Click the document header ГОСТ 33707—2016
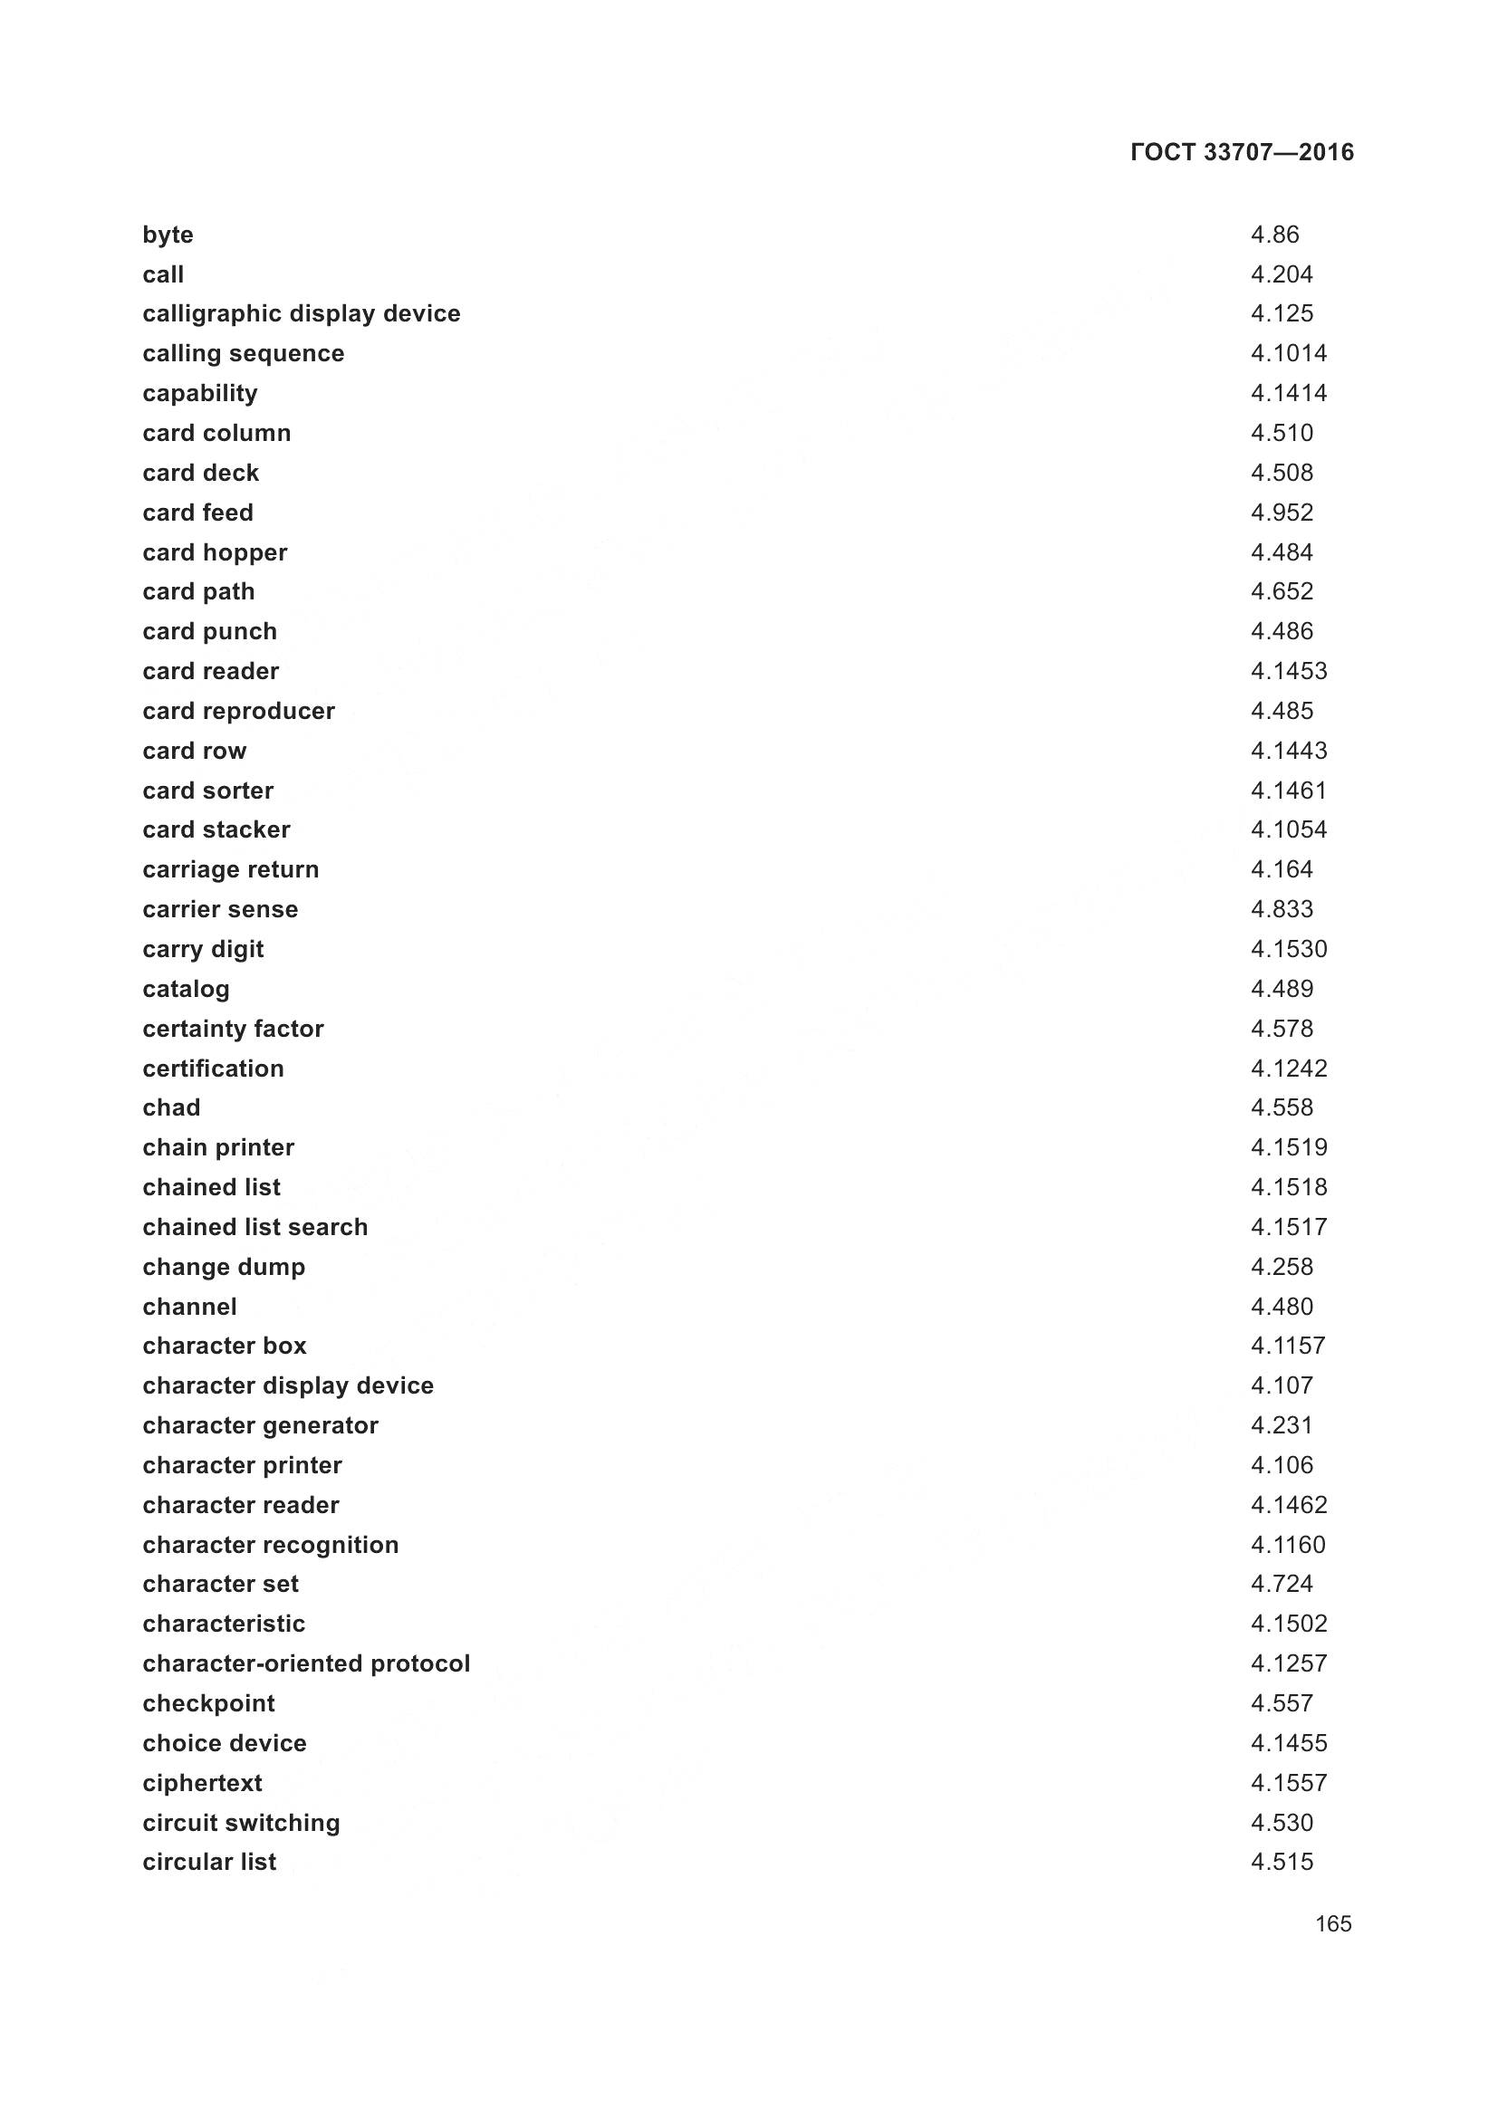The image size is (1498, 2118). [x=1242, y=152]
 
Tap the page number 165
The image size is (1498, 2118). [x=1333, y=1923]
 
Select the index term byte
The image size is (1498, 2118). [x=168, y=235]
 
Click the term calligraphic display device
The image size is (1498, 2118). [x=301, y=313]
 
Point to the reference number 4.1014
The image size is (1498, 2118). [x=1289, y=353]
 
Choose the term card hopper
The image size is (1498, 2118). [x=215, y=552]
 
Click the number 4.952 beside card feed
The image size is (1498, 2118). [x=1282, y=512]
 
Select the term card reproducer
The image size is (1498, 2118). [x=239, y=711]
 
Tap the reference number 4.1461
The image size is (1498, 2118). [x=1289, y=791]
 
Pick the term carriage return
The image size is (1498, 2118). [x=231, y=870]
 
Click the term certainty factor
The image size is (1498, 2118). [x=234, y=1029]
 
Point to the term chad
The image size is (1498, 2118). [x=171, y=1107]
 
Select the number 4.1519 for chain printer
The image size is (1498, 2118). [x=1289, y=1147]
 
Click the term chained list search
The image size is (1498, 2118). [x=254, y=1227]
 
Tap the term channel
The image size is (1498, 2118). [x=189, y=1307]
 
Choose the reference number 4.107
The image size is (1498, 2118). [x=1282, y=1385]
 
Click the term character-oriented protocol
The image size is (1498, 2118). [x=306, y=1663]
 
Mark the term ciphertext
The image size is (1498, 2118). [x=202, y=1783]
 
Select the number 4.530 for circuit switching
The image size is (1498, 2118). [x=1282, y=1823]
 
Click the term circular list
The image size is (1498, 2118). [x=209, y=1862]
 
